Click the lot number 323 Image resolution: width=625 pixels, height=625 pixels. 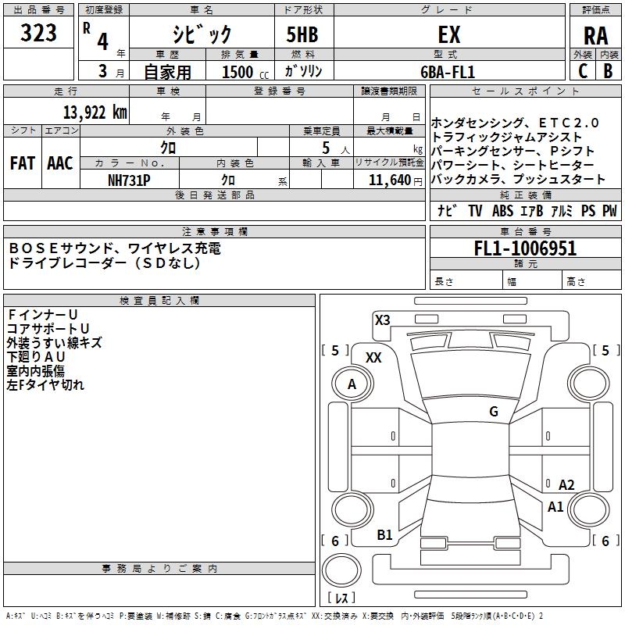click(39, 33)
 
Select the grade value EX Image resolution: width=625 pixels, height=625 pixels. click(449, 34)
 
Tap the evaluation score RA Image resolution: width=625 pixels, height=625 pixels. click(595, 35)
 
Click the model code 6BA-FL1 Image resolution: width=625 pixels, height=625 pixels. click(448, 71)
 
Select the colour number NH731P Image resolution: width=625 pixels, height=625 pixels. click(130, 179)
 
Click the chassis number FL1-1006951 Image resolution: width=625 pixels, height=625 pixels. click(525, 249)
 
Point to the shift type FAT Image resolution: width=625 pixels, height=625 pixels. click(23, 163)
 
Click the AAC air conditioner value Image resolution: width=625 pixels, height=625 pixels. click(60, 163)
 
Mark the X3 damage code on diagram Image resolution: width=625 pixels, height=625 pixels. click(382, 320)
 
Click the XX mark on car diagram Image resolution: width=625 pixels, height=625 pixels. click(373, 357)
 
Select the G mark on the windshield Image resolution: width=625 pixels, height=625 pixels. click(494, 412)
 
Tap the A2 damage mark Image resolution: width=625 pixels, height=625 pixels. click(566, 485)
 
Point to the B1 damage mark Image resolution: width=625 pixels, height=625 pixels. click(384, 535)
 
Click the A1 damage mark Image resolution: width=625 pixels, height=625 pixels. click(555, 507)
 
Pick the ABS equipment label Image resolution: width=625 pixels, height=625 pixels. click(502, 211)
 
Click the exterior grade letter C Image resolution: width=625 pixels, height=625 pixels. click(582, 70)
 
